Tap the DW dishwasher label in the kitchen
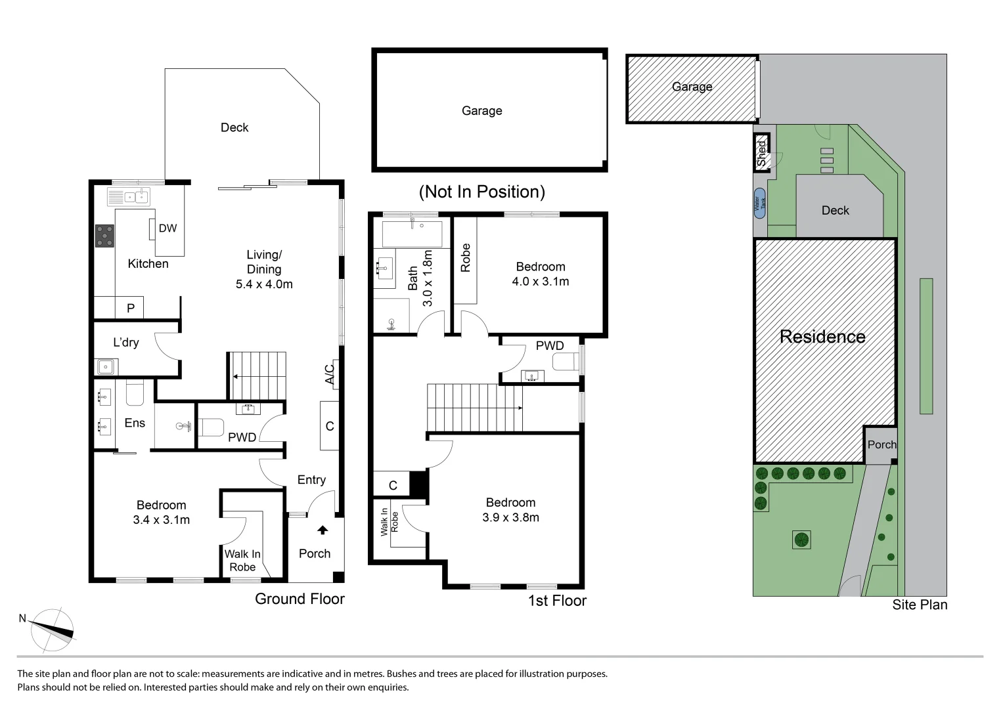click(x=167, y=228)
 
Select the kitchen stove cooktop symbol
click(x=104, y=236)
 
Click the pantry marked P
click(x=130, y=307)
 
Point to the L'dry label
click(x=125, y=342)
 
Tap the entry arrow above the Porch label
click(x=323, y=530)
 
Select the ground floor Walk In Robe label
click(x=242, y=561)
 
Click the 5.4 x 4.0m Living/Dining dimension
click(x=264, y=284)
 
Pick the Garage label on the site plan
click(x=692, y=87)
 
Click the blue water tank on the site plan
click(x=759, y=204)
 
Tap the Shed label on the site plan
click(x=761, y=154)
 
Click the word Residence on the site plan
click(x=822, y=337)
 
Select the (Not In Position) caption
click(x=481, y=192)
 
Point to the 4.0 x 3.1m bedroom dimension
click(x=541, y=282)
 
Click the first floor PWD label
click(x=550, y=346)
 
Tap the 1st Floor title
click(x=557, y=601)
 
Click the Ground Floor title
click(x=300, y=599)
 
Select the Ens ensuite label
click(x=135, y=423)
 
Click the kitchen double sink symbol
click(x=136, y=196)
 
